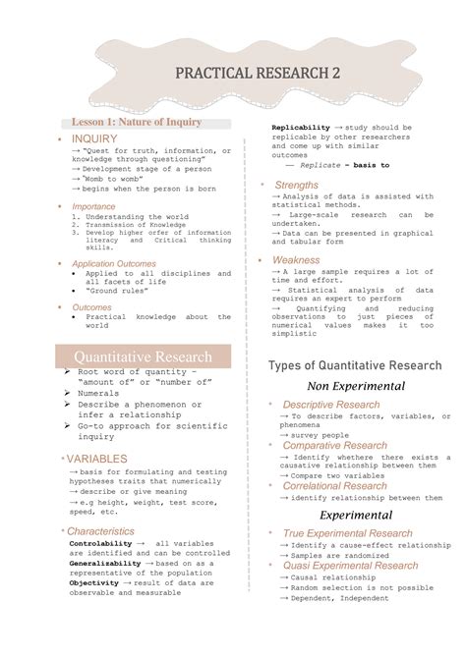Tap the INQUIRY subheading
(94, 139)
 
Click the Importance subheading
(93, 207)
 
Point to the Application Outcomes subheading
(114, 264)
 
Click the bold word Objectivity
(94, 582)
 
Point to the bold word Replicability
(301, 128)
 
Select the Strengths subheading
(296, 185)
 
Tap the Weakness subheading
(296, 260)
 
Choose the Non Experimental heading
(355, 387)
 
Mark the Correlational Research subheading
(334, 486)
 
